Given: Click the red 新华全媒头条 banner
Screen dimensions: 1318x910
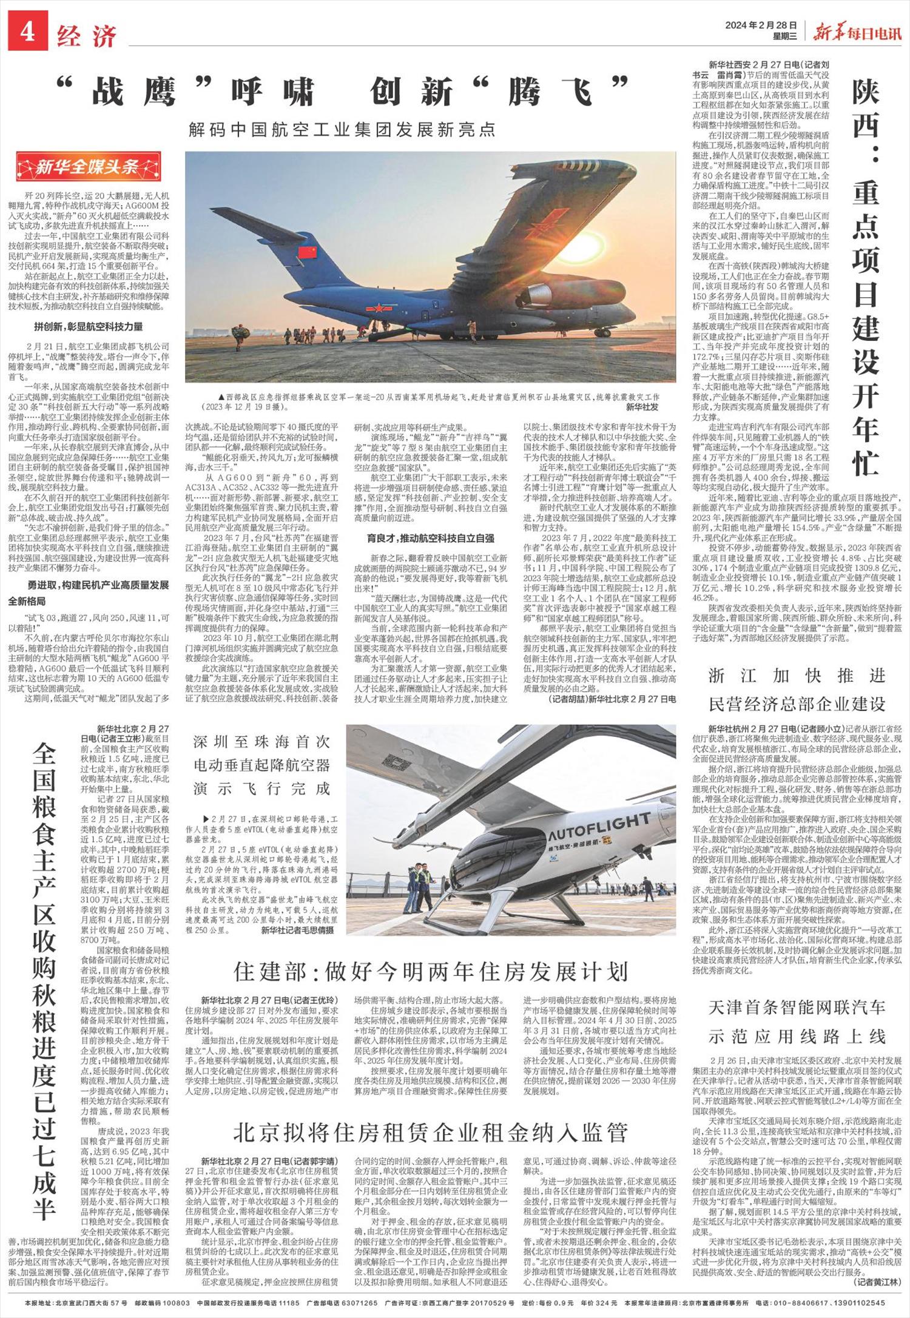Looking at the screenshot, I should click(89, 166).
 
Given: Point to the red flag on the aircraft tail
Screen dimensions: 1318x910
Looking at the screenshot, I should click(309, 251).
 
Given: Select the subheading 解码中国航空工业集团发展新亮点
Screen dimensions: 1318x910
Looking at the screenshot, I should click(342, 129).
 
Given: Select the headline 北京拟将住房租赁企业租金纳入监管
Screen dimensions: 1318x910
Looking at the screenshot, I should click(431, 1132).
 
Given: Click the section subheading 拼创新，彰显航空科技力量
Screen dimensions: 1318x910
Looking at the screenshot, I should click(88, 327).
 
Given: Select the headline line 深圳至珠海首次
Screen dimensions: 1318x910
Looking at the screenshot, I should click(261, 741).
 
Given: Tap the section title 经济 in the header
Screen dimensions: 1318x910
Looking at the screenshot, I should click(87, 36).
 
